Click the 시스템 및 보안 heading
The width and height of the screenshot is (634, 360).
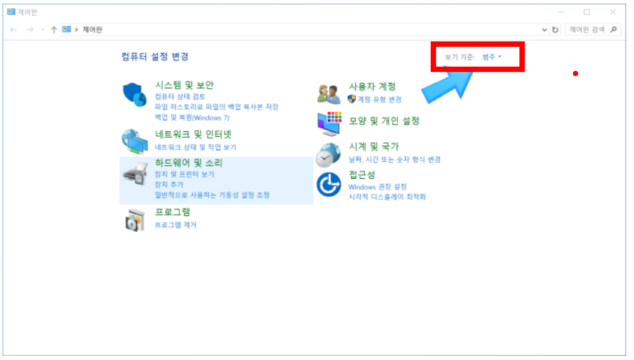(184, 85)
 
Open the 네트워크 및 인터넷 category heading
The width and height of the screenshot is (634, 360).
(193, 134)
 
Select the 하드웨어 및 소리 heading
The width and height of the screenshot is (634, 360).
(188, 163)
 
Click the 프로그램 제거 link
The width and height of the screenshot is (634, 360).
(176, 225)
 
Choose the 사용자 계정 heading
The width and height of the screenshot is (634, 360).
(372, 86)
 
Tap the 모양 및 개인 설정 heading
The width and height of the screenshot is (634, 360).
(384, 121)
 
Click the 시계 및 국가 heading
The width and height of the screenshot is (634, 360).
(374, 146)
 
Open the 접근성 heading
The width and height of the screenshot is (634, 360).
(362, 175)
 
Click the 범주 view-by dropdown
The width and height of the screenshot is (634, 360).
(491, 57)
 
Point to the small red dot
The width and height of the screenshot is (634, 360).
(575, 74)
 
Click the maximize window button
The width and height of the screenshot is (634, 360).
(587, 11)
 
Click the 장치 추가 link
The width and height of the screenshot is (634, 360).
(169, 185)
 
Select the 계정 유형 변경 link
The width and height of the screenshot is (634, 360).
(379, 99)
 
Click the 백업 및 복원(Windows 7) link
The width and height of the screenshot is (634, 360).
(192, 118)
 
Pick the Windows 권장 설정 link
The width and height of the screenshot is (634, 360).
(377, 187)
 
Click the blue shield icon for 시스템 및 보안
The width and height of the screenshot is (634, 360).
(134, 94)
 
